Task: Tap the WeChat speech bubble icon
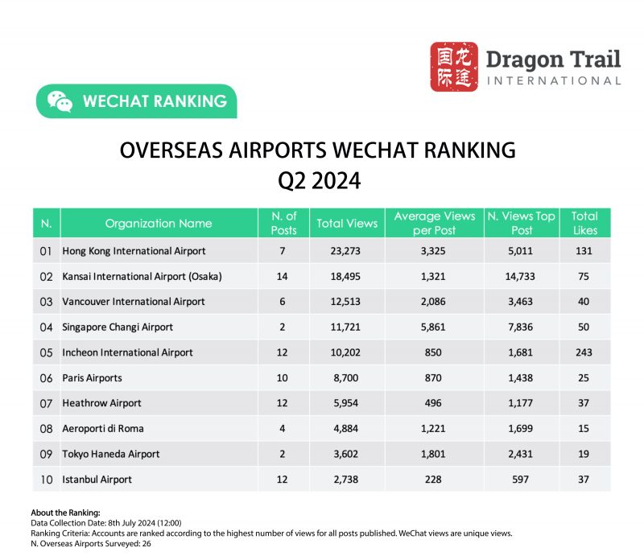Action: [x=60, y=101]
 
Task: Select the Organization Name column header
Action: [x=159, y=223]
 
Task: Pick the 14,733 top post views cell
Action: [x=521, y=276]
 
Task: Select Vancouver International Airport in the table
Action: [x=134, y=302]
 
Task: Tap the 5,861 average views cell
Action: [x=434, y=327]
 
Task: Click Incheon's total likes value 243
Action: [x=584, y=352]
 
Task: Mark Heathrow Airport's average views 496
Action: [x=434, y=403]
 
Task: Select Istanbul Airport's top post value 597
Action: [x=521, y=479]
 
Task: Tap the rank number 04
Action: [x=46, y=327]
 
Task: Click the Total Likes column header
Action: [x=584, y=223]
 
